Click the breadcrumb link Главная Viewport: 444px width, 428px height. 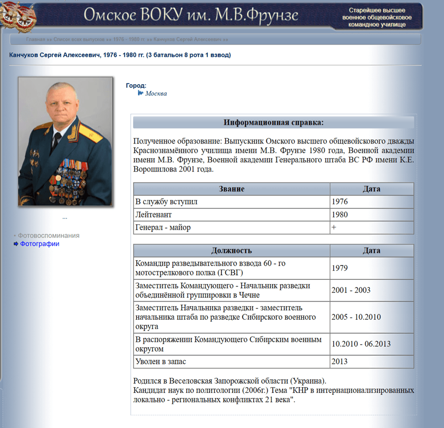pyautogui.click(x=36, y=40)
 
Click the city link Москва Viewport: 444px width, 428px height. pyautogui.click(x=156, y=94)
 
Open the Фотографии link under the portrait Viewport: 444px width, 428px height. pyautogui.click(x=39, y=244)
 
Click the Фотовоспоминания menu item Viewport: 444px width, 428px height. pyautogui.click(x=48, y=236)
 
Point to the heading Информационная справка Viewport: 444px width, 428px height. pyautogui.click(x=273, y=123)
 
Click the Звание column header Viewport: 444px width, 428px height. pyautogui.click(x=231, y=189)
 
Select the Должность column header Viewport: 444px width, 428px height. pyautogui.click(x=231, y=251)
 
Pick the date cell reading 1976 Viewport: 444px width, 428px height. pyautogui.click(x=340, y=202)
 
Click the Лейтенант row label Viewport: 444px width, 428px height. pyautogui.click(x=153, y=215)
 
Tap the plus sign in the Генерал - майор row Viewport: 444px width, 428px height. pyautogui.click(x=334, y=227)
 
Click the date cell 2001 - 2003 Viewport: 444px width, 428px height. pyautogui.click(x=351, y=290)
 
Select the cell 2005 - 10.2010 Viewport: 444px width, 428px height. pyautogui.click(x=356, y=317)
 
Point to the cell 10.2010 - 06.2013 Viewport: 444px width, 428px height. pyautogui.click(x=361, y=344)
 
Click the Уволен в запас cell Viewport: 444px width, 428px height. pyautogui.click(x=160, y=362)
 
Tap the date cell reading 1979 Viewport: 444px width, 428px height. pyautogui.click(x=340, y=268)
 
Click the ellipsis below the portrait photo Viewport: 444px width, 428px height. pyautogui.click(x=65, y=217)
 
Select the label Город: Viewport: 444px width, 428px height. pyautogui.click(x=136, y=86)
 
